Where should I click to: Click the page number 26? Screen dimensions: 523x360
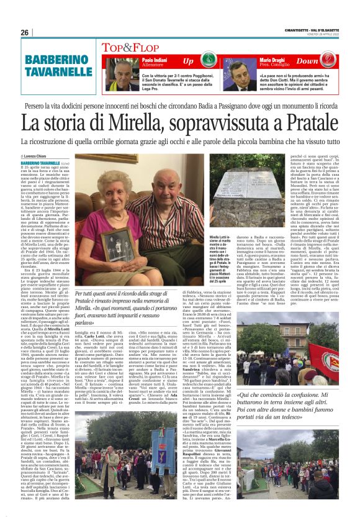[x=25, y=32]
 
